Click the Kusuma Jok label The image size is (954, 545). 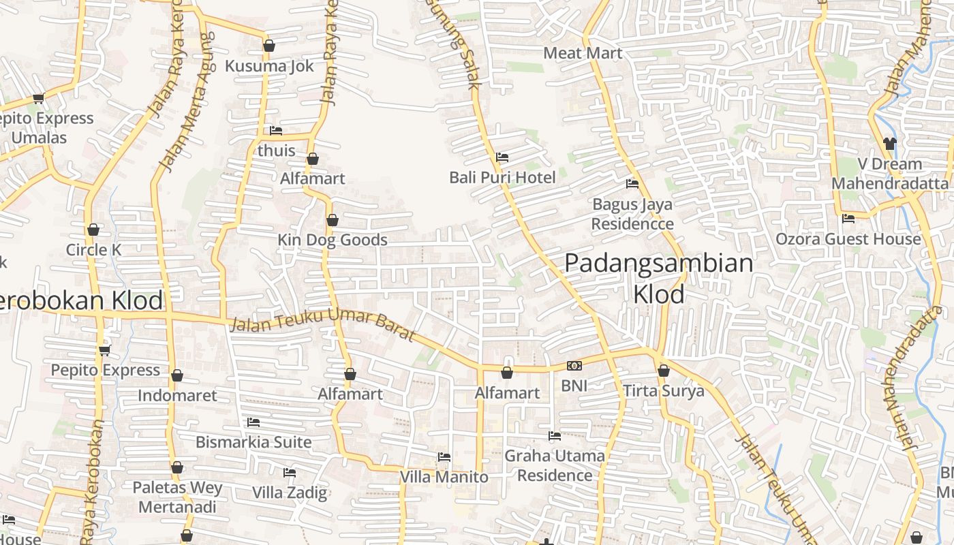(269, 66)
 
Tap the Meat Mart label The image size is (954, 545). (583, 53)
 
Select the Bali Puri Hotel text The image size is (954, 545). (502, 178)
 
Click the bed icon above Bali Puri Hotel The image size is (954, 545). (502, 157)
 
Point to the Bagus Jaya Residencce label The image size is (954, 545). (632, 214)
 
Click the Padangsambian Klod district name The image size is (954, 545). (659, 279)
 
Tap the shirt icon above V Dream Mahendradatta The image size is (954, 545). (890, 143)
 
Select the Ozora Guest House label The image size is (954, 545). (848, 239)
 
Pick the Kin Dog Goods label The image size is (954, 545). (333, 240)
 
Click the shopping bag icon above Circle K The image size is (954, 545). (93, 230)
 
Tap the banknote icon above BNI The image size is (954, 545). (574, 366)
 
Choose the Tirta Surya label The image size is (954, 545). (663, 391)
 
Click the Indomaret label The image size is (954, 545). (177, 396)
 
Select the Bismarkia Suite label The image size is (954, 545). (253, 442)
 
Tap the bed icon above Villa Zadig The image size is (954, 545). (290, 472)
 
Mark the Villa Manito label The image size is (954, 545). (444, 477)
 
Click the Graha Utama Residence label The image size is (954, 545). (555, 465)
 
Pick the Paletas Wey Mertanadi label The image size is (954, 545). (177, 497)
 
